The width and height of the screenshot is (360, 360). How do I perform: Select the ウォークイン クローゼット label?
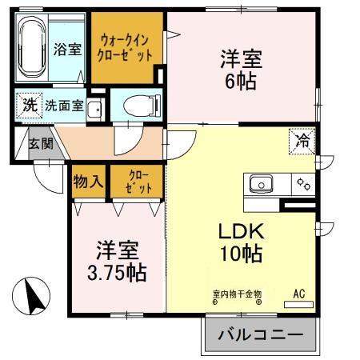126,47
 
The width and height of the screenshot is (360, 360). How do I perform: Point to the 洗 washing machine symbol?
28,104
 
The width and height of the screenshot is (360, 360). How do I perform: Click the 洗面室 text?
64,105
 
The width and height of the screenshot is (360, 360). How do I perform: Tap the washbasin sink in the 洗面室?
94,109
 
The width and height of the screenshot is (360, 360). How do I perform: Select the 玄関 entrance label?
42,144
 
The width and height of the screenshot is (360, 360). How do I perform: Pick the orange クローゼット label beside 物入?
133,181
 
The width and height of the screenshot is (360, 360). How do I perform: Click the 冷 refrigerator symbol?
303,142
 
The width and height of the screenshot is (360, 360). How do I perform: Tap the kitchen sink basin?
261,185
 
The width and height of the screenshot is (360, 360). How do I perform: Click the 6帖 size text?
241,82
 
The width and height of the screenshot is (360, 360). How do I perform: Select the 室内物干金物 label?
236,294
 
